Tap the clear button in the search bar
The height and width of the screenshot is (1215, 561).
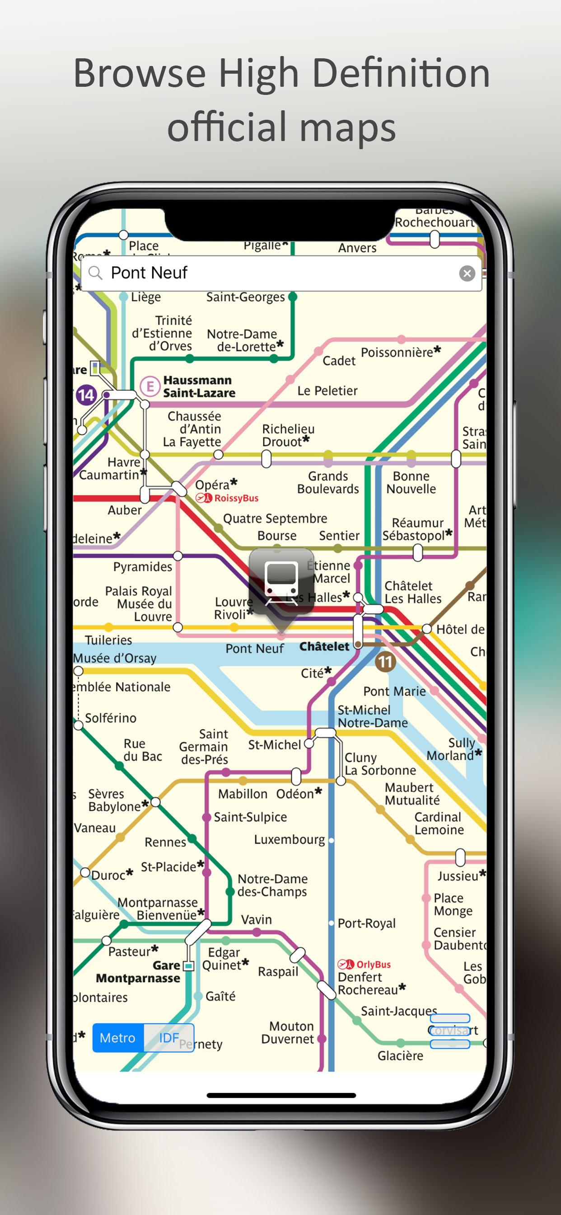pos(467,273)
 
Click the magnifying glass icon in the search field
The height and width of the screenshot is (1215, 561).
pos(96,273)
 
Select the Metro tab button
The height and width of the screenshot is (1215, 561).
pos(118,1038)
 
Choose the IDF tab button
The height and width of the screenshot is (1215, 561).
pos(169,1038)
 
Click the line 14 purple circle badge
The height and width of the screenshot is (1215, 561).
pos(86,395)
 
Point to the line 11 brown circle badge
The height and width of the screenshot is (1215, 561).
pos(385,662)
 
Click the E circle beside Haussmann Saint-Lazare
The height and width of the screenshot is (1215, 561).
pos(150,387)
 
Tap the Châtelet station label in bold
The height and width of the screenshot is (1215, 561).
pos(324,646)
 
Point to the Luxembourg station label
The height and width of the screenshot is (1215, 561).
pos(290,839)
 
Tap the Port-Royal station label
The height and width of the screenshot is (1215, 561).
pos(367,923)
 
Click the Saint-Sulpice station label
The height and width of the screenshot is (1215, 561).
pos(250,817)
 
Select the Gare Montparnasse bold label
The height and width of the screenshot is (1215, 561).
pos(138,972)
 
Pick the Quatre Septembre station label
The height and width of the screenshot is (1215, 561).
pos(275,518)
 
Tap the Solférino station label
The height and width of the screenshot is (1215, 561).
pos(111,718)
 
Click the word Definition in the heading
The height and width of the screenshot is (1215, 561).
pos(401,73)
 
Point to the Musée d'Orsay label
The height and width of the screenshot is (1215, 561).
pos(115,658)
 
